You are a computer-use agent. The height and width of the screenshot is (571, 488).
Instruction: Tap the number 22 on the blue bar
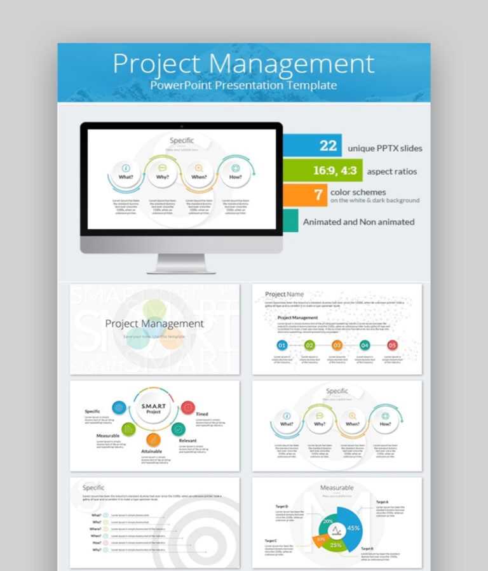[328, 146]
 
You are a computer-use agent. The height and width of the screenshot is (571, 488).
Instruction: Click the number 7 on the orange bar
[318, 195]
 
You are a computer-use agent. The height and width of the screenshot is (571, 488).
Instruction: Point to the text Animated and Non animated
[358, 222]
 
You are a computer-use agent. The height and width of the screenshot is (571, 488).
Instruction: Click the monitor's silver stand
[181, 263]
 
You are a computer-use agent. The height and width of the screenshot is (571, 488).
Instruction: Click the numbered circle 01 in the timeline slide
[282, 346]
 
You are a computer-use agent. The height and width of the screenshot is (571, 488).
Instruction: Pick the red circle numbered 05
[392, 346]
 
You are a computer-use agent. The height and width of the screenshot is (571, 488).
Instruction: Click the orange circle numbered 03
[337, 346]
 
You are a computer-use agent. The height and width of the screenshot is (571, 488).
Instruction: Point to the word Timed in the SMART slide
[202, 414]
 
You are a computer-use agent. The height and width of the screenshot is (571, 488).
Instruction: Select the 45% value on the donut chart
[353, 528]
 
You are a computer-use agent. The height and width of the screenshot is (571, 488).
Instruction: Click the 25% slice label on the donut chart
[335, 545]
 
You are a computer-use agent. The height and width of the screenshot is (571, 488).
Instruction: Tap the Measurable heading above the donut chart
[337, 488]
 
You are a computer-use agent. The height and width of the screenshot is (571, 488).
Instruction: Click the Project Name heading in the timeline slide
[284, 294]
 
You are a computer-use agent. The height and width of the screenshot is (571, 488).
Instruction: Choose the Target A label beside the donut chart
[383, 502]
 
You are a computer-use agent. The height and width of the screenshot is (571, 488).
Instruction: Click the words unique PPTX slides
[384, 149]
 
